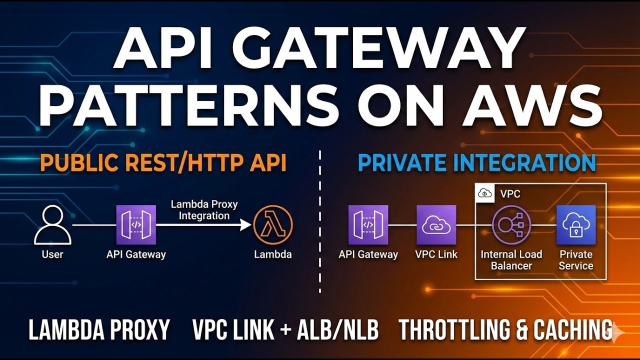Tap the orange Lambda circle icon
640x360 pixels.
point(272,224)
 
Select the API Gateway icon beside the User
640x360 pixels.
point(136,224)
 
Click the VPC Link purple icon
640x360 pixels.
point(436,224)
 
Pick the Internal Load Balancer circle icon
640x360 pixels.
point(511,224)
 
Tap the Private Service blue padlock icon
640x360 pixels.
point(576,224)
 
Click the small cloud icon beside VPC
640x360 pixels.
point(485,193)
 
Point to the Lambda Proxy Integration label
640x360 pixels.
point(204,210)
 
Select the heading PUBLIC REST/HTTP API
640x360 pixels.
point(163,163)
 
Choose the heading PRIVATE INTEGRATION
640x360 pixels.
point(477,163)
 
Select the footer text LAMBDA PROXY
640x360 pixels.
point(99,330)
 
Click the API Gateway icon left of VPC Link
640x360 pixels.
point(368,224)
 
